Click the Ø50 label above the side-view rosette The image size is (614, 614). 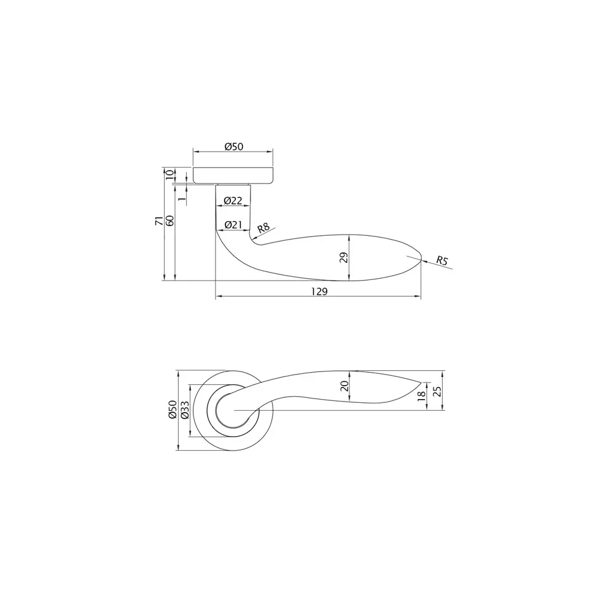(x=234, y=147)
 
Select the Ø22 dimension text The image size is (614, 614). (x=233, y=201)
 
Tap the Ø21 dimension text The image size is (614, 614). (x=233, y=225)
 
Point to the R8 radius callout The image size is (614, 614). (x=263, y=228)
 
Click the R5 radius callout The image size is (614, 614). (x=442, y=261)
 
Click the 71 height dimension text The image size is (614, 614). (x=158, y=222)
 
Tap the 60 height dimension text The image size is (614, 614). (x=170, y=222)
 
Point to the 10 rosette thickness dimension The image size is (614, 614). (x=169, y=174)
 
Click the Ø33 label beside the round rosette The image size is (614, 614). (x=184, y=410)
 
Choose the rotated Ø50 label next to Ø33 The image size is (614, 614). (x=173, y=410)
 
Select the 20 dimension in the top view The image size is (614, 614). (x=344, y=386)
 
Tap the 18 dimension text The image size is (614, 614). (x=421, y=396)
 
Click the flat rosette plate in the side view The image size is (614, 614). (x=233, y=175)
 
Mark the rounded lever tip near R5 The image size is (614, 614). (x=418, y=259)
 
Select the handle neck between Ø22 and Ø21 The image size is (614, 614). (x=233, y=213)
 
